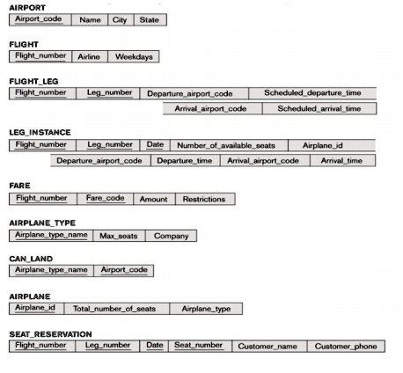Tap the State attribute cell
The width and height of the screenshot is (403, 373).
[149, 19]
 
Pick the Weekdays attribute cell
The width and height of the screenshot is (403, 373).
[134, 56]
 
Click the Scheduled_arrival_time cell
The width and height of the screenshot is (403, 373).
[319, 108]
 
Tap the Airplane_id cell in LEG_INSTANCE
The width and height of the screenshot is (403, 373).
[322, 144]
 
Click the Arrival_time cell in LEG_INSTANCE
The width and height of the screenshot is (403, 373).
[341, 161]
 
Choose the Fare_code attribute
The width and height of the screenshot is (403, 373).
[104, 199]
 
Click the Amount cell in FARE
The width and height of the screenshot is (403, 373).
[153, 199]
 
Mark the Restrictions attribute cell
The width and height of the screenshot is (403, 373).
[204, 199]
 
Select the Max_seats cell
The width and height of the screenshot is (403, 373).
[119, 236]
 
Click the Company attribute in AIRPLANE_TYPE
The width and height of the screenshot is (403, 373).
[171, 236]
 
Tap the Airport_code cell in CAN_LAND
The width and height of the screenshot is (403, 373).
[124, 270]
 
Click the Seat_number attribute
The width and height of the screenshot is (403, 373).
[198, 346]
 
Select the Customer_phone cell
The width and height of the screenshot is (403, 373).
[346, 346]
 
